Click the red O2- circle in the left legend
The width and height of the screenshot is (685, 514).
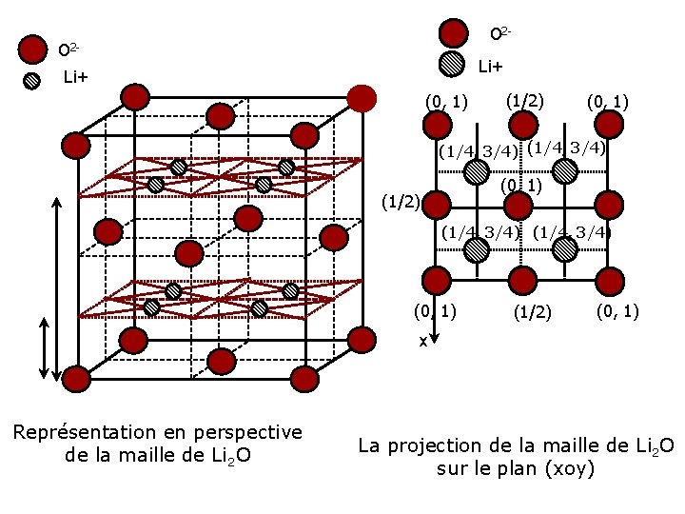tap(33, 49)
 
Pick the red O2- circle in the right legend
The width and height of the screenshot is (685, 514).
tap(456, 33)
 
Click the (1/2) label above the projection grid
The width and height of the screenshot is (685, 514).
tap(524, 99)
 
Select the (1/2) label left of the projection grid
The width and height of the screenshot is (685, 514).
tap(400, 202)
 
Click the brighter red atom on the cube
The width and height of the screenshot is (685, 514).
tap(362, 97)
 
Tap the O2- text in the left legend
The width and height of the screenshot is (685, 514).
tap(68, 49)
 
